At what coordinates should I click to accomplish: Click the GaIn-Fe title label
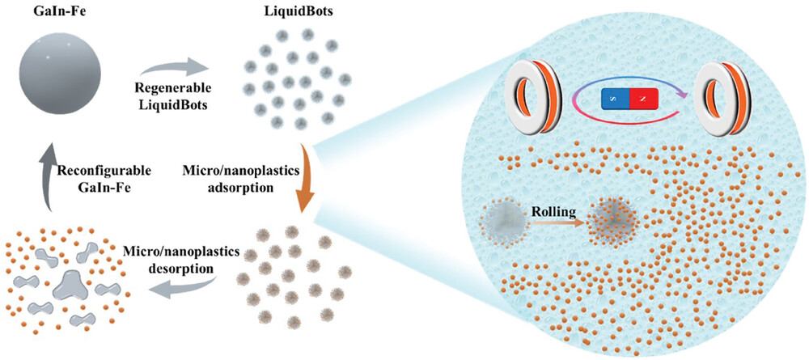[x=61, y=11]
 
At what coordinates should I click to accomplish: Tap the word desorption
[x=181, y=269]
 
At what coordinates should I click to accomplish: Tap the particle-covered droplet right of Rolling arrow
[x=614, y=220]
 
